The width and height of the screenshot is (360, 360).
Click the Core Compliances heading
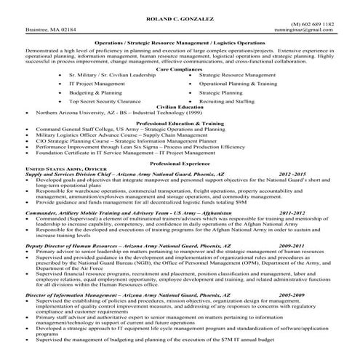(x=180, y=68)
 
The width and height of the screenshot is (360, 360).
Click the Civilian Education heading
(x=180, y=108)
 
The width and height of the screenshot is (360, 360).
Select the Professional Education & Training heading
(x=180, y=123)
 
